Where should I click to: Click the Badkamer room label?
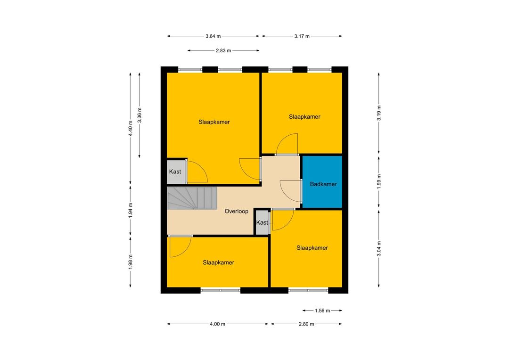point(323,184)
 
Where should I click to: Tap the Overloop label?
point(236,211)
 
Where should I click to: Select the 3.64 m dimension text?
point(213,36)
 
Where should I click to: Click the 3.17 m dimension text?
point(302,36)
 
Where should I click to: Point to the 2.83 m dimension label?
point(223,50)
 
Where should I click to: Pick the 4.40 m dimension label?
point(131,129)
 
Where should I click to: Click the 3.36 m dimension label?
point(140,115)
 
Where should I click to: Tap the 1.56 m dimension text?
point(322,311)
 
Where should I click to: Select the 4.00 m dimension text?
point(217,324)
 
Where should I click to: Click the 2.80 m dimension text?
point(306,324)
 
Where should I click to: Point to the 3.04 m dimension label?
point(379,249)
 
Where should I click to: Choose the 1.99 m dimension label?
point(379,181)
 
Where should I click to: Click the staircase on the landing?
point(192,198)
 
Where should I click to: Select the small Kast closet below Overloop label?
point(263,222)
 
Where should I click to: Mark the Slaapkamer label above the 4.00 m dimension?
point(219,262)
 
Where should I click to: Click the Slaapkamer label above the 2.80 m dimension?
point(312,248)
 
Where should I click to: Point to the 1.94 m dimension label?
point(131,210)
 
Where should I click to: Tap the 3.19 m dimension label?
point(379,113)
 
